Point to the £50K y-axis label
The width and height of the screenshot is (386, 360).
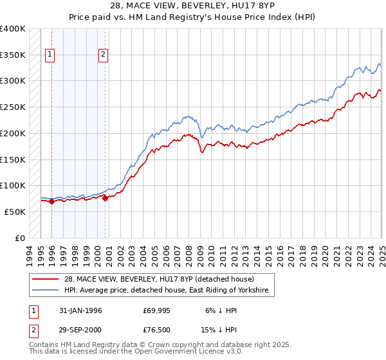(x=14, y=212)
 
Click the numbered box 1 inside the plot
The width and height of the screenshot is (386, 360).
(x=51, y=55)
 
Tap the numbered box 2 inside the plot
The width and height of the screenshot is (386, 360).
(x=103, y=55)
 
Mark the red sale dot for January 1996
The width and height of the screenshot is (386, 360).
(x=51, y=201)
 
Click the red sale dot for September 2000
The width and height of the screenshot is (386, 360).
(x=105, y=198)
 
